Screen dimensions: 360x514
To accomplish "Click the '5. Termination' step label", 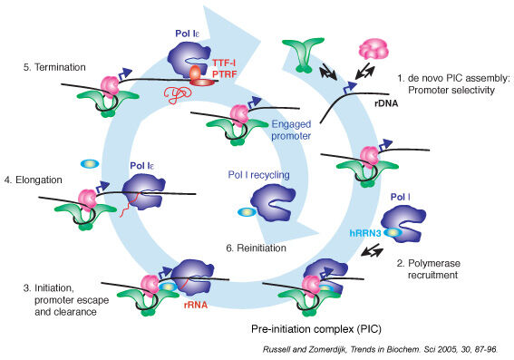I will tap(46, 66).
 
